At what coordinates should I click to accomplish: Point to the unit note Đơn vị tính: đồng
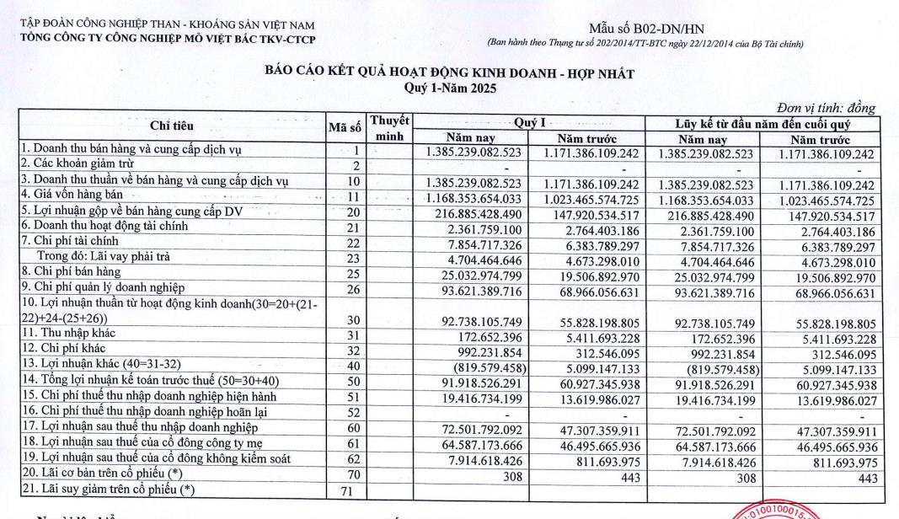[x=826, y=108]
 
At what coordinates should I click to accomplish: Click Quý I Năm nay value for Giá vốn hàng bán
[x=478, y=197]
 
